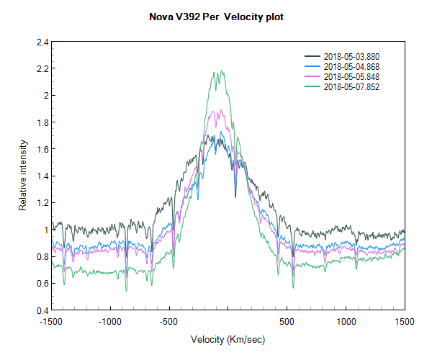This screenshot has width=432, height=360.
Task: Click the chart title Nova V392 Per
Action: coord(216,17)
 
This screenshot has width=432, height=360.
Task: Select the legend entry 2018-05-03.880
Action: coord(351,56)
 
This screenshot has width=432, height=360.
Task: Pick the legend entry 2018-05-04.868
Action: coord(351,66)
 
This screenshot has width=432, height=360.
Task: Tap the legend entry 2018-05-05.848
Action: coord(351,76)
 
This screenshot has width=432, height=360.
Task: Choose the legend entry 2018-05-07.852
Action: coord(351,86)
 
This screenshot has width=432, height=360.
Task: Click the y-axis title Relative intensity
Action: coord(22,176)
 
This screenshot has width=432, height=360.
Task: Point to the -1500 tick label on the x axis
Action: coord(50,322)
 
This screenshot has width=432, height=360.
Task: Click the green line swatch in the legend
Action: coord(312,86)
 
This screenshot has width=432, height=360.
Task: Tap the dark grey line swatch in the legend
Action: coord(312,56)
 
